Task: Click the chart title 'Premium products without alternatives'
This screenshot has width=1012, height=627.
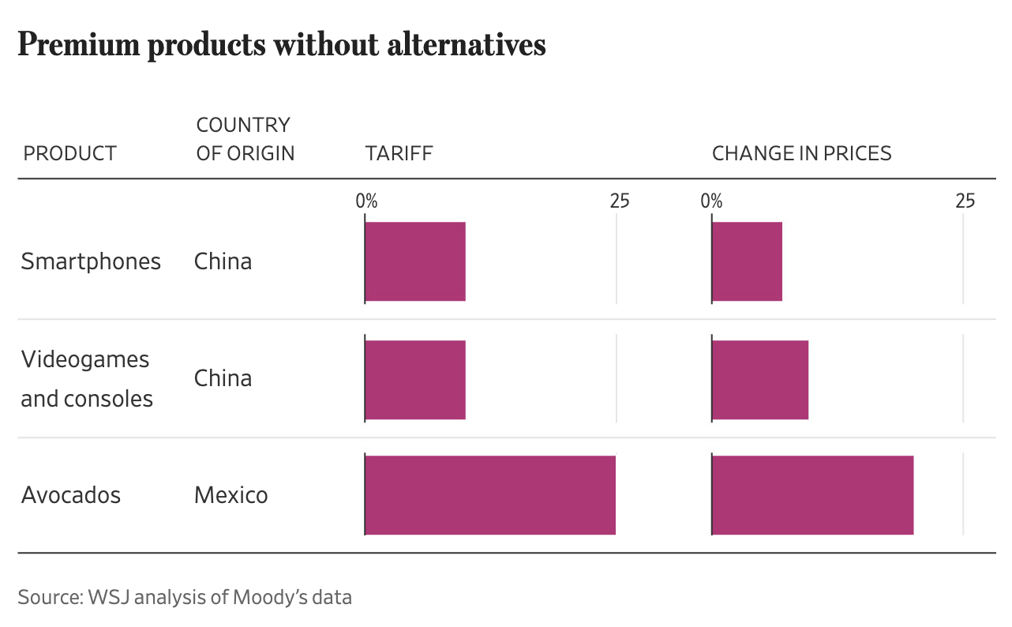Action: click(x=282, y=46)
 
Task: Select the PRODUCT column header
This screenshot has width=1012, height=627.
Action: click(x=70, y=153)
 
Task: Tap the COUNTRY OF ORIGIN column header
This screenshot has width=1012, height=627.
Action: click(x=245, y=139)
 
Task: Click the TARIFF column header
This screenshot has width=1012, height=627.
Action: click(x=399, y=153)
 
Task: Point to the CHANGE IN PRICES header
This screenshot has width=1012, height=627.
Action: click(x=801, y=153)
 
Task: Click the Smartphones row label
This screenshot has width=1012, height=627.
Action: click(x=91, y=261)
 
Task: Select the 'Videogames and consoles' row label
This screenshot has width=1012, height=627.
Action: click(x=87, y=378)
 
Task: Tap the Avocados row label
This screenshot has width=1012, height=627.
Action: click(x=71, y=495)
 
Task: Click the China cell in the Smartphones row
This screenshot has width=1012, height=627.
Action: click(x=223, y=261)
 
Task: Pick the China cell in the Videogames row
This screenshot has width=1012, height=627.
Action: click(x=223, y=378)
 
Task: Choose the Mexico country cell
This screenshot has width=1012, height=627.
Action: click(x=231, y=495)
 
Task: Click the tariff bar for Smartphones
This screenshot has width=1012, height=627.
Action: click(x=415, y=261)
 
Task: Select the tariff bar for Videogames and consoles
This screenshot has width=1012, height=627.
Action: click(x=415, y=378)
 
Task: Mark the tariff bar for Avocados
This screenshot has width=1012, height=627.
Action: click(x=490, y=495)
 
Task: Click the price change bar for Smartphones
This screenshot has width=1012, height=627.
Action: click(x=747, y=261)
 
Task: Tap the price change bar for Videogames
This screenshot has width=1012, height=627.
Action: click(x=760, y=378)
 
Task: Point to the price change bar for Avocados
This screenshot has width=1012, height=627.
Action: click(x=812, y=495)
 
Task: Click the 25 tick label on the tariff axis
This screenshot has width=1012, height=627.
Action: click(x=620, y=201)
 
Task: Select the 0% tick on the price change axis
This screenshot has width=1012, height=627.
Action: click(x=711, y=201)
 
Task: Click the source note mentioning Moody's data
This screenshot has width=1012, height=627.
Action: click(x=185, y=597)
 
